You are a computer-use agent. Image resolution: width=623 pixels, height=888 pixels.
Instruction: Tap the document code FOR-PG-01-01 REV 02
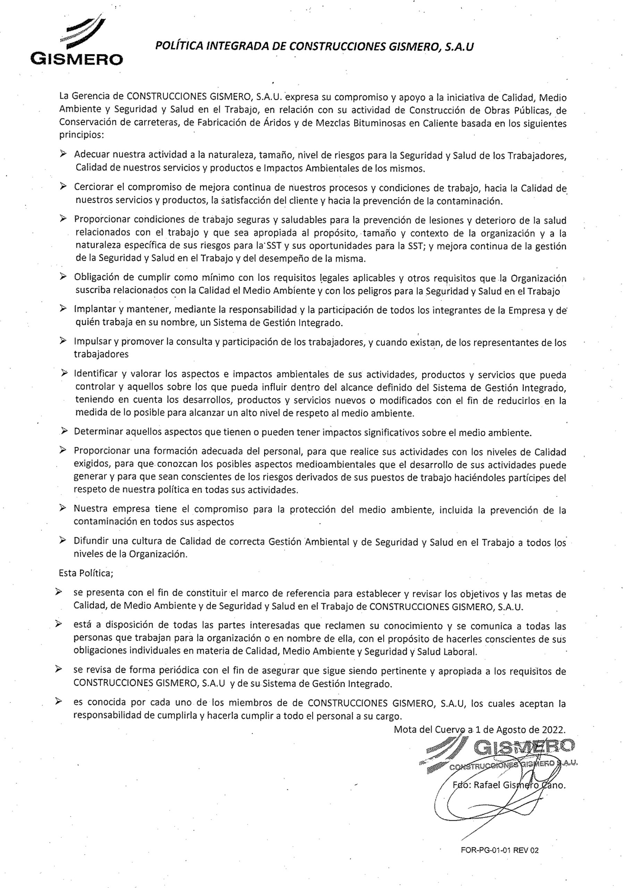499,850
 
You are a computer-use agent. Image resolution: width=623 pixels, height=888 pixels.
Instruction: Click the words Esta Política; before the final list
85,573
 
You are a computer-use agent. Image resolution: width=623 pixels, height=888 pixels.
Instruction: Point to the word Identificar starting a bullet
95,374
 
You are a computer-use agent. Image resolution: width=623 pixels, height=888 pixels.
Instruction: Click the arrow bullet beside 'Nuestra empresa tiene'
63,509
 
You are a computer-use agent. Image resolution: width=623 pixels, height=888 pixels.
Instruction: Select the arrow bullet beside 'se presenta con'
59,592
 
